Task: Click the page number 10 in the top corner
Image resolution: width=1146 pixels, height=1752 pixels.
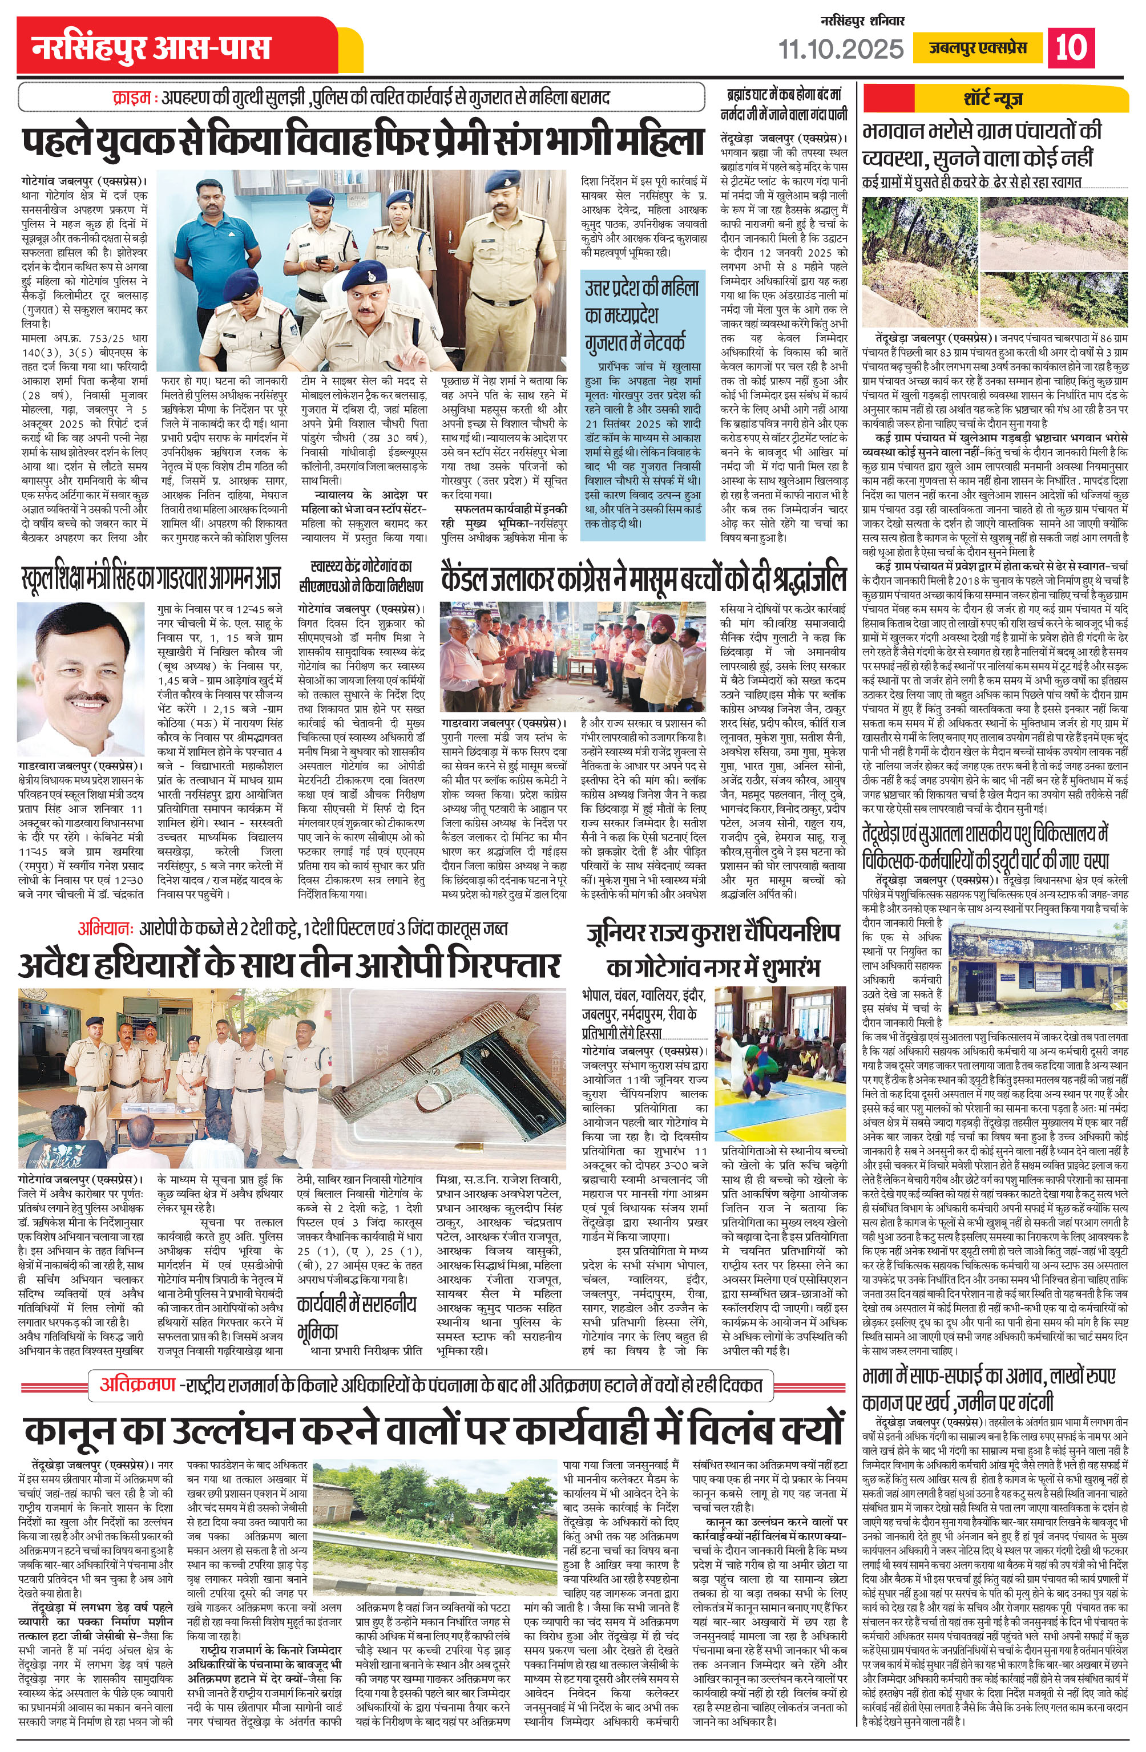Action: pyautogui.click(x=1070, y=48)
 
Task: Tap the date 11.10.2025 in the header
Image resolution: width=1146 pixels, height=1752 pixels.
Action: pyautogui.click(x=841, y=48)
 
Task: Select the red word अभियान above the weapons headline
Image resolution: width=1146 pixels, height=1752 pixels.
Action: pyautogui.click(x=109, y=929)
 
